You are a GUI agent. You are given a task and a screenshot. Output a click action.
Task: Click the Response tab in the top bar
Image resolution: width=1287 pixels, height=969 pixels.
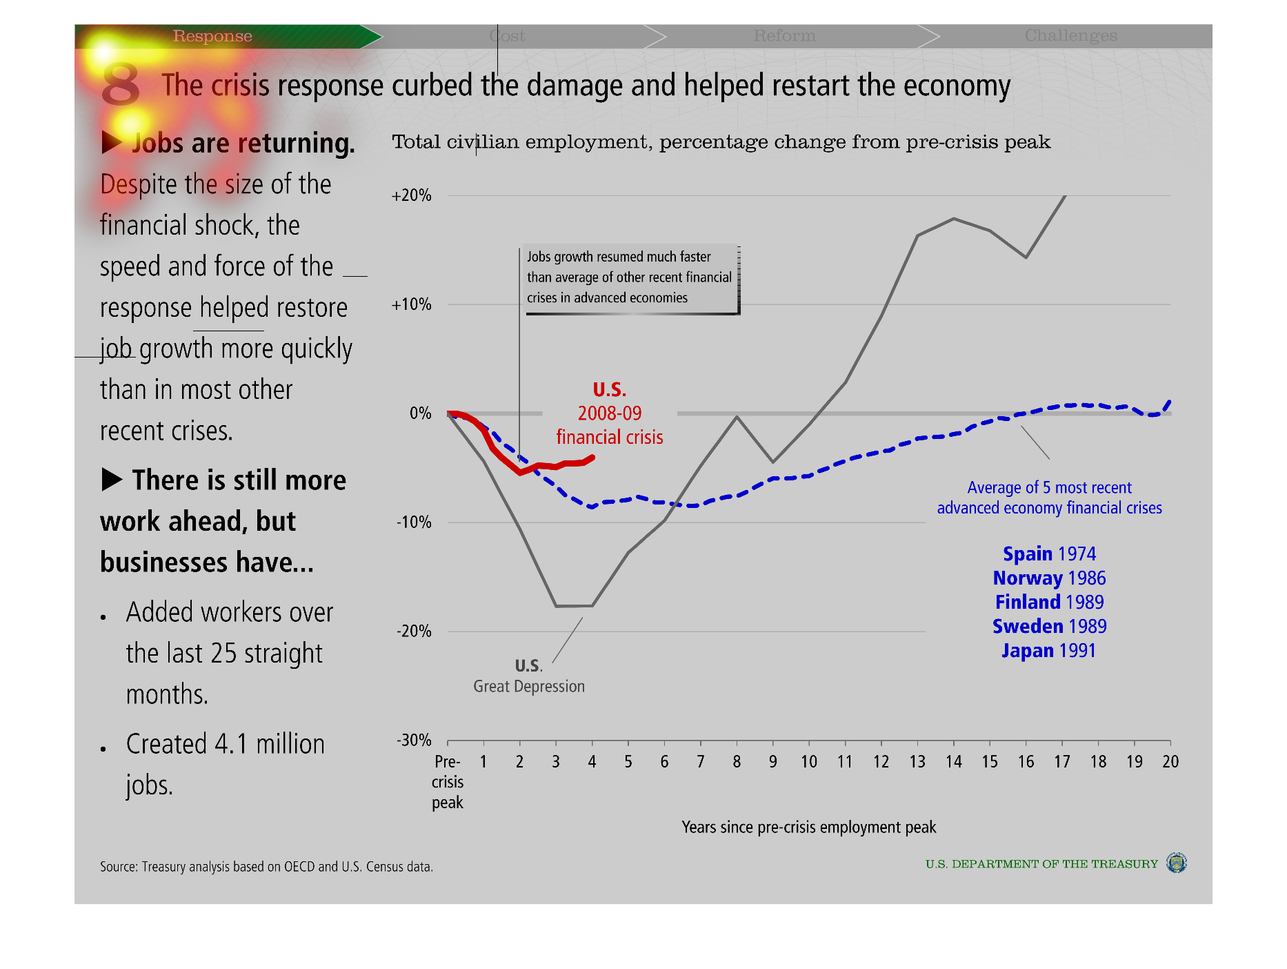212,36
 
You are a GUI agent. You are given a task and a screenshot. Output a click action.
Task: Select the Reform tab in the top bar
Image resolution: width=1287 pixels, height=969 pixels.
784,36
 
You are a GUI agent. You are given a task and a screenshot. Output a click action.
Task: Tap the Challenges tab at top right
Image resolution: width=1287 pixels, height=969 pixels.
1070,36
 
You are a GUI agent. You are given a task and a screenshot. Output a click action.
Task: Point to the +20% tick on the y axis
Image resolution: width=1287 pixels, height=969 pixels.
412,195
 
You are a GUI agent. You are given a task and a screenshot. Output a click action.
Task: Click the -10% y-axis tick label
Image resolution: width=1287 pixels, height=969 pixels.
414,522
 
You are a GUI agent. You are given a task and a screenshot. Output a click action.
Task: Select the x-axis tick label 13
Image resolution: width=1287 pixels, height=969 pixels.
917,762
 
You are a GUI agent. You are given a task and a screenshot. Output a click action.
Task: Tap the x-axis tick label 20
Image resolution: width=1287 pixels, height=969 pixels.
1170,762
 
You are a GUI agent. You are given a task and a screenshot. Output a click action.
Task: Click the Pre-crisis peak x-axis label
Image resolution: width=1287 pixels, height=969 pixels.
448,782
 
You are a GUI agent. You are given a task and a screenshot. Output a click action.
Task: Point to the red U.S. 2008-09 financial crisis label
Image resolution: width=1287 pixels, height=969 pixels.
610,413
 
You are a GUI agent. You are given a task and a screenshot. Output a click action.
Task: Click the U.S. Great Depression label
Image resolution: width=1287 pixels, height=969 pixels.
529,676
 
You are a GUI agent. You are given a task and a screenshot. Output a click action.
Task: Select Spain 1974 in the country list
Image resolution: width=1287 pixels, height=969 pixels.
1049,554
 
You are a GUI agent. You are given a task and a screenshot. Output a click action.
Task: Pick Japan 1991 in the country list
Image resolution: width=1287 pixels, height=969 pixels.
1048,651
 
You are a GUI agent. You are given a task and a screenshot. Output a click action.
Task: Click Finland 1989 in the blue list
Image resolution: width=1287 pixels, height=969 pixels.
1049,603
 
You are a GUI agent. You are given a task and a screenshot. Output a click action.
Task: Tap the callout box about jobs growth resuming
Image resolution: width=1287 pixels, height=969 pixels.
630,277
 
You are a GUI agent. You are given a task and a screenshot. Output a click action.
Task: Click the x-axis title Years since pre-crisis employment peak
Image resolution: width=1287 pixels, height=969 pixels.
808,828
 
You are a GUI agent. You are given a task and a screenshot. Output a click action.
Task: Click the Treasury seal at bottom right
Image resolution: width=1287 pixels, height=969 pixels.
1176,863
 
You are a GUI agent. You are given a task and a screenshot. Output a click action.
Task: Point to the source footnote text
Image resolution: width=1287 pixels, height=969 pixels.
266,867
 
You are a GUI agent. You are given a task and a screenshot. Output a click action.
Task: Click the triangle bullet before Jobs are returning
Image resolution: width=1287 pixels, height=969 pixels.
112,142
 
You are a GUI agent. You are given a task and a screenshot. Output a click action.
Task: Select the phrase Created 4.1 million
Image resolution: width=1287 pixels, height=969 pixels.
226,745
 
